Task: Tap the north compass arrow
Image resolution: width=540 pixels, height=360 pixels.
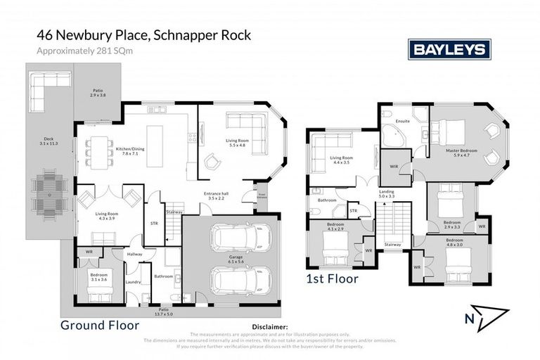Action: click(x=486, y=316)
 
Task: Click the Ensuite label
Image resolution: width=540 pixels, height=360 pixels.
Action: click(x=403, y=121)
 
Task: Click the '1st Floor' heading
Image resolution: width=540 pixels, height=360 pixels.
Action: click(x=332, y=278)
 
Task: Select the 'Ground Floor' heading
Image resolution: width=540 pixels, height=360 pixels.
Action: click(x=98, y=325)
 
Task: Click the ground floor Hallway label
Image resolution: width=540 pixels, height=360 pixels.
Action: click(x=135, y=254)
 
